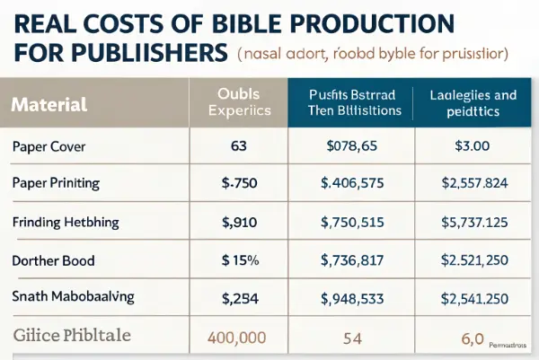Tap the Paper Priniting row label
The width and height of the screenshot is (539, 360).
click(x=56, y=182)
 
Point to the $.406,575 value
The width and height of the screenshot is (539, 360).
click(x=352, y=183)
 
